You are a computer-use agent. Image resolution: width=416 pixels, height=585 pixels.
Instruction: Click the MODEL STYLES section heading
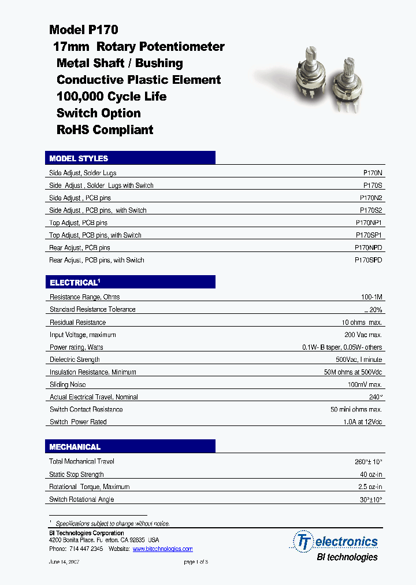(79, 158)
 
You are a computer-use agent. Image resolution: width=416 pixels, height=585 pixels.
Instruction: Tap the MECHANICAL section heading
(75, 447)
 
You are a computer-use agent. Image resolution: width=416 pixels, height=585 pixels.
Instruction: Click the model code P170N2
(371, 198)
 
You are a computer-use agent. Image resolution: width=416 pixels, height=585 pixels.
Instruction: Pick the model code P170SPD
(368, 260)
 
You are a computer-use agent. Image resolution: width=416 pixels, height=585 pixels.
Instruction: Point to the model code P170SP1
(369, 235)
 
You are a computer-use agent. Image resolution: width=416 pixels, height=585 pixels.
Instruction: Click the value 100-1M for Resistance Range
(372, 297)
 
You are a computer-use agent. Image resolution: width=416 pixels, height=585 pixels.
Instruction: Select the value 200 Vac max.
(363, 335)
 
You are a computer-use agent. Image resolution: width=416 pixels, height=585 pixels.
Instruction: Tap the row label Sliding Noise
(68, 384)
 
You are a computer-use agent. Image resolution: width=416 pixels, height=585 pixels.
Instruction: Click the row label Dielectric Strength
(75, 360)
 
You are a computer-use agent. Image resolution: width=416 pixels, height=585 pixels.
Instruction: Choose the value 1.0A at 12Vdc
(363, 422)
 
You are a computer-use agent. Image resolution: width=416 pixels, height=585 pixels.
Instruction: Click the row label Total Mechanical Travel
(81, 461)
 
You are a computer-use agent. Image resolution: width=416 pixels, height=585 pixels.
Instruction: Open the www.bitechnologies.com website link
(162, 549)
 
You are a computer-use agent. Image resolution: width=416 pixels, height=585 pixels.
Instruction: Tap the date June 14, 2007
(64, 562)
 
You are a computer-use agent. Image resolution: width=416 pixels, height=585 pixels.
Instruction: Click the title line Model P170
(84, 30)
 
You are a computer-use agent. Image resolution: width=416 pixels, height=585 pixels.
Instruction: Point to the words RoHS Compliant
(105, 129)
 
